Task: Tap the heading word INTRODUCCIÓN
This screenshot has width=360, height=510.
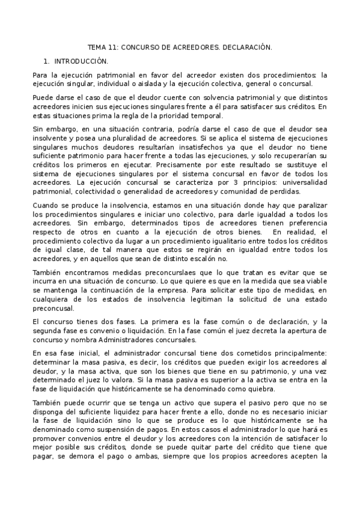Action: coord(81,61)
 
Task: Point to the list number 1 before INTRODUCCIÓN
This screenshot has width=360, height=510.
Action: coord(46,61)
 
